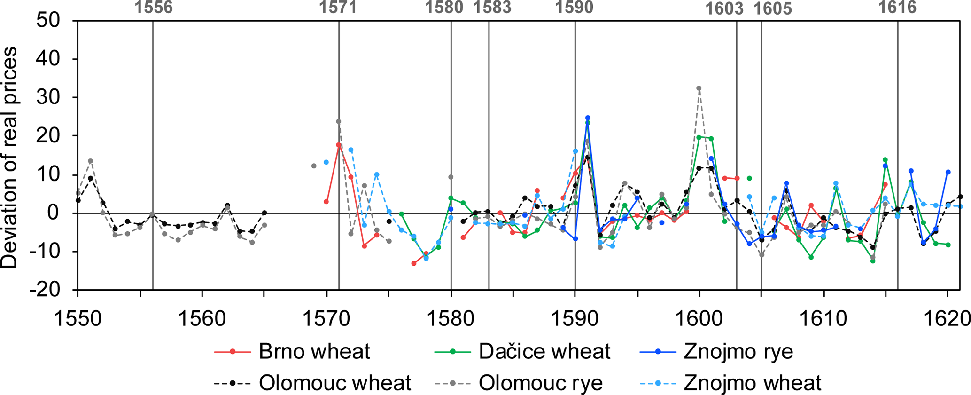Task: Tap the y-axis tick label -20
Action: tap(45, 290)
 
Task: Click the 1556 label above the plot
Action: tap(153, 8)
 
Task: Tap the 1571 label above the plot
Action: tap(338, 8)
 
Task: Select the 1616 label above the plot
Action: tap(897, 8)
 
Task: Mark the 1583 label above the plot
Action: tap(492, 8)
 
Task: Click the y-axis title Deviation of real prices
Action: tap(9, 158)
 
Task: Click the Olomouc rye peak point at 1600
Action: tap(699, 88)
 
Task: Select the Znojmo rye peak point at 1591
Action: tap(588, 118)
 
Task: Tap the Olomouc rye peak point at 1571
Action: tap(339, 121)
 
